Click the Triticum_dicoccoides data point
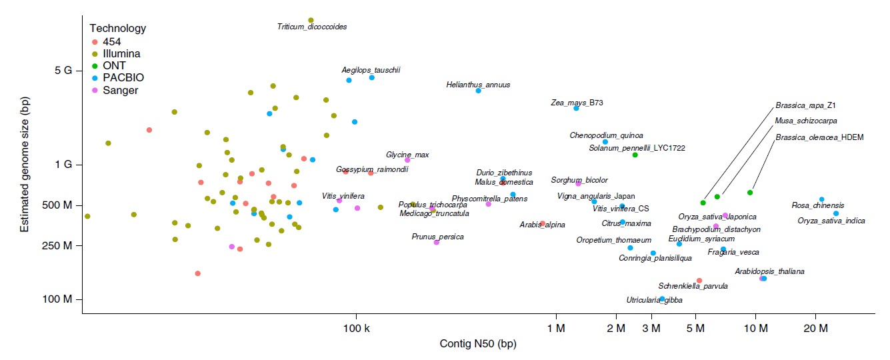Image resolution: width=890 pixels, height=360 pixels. click(311, 21)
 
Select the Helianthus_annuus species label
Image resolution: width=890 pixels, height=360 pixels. click(478, 85)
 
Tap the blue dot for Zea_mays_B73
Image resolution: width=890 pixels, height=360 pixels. click(576, 108)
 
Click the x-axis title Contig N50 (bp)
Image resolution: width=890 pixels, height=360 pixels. click(478, 344)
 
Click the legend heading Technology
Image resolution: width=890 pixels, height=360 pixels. click(118, 28)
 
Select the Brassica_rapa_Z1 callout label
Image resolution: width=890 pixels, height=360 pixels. click(805, 105)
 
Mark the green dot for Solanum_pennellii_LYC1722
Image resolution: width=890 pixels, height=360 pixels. click(635, 155)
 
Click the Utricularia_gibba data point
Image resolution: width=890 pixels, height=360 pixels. click(662, 299)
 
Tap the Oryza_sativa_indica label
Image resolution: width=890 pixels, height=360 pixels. click(831, 221)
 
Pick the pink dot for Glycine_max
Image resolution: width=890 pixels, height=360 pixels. click(407, 160)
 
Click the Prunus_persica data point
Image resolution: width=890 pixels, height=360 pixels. click(437, 242)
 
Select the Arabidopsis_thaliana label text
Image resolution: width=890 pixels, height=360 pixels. click(769, 271)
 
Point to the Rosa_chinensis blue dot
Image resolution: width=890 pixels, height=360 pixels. click(821, 199)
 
